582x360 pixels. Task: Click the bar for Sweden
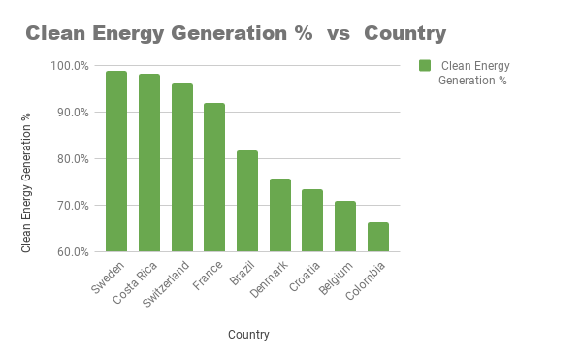pos(116,161)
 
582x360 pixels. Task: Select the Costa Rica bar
pos(148,163)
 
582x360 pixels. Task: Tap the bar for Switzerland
pos(181,168)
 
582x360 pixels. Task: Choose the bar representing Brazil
pos(247,201)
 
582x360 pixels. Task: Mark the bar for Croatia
pos(312,220)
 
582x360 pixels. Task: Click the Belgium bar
pos(345,226)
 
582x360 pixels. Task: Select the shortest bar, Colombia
pos(378,237)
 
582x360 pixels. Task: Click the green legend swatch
pos(425,66)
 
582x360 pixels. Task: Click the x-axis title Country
pos(248,335)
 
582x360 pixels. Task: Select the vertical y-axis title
pos(27,182)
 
